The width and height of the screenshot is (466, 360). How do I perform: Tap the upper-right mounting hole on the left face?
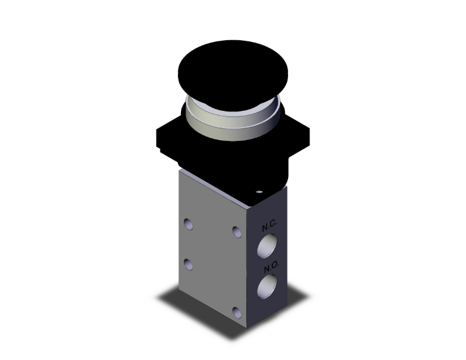(236, 232)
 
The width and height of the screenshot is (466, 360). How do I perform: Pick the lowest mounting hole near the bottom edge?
(236, 312)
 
